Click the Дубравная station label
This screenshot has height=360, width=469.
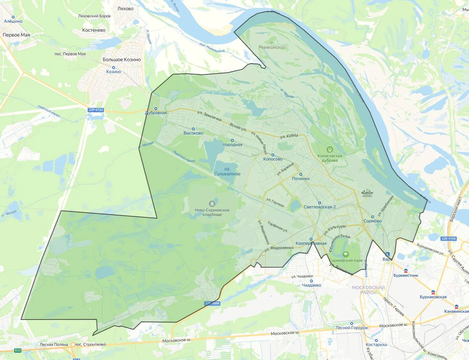[x=156, y=113]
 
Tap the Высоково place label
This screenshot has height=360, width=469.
[x=193, y=133]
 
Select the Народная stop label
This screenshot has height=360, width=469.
[x=232, y=144]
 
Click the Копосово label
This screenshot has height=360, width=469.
[x=273, y=159]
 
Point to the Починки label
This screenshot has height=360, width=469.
[x=301, y=178]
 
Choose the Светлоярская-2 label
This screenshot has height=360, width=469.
[x=320, y=207]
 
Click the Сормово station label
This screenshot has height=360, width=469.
[x=373, y=221]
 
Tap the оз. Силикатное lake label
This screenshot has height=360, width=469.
[x=227, y=172]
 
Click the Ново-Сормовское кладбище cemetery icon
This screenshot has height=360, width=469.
[x=212, y=203]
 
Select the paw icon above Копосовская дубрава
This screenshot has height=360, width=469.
[x=330, y=149]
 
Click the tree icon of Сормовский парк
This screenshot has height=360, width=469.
[x=346, y=254]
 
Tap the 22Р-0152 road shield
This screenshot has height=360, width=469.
[x=96, y=110]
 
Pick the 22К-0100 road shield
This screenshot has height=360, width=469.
[x=449, y=239]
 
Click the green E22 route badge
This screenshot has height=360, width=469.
[x=18, y=350]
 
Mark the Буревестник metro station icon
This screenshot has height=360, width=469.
[x=406, y=270]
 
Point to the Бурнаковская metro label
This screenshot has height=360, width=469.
[x=433, y=297]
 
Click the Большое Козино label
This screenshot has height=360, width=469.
[x=122, y=60]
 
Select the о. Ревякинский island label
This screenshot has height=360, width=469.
[x=272, y=45]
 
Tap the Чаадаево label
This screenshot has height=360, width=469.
[x=311, y=285]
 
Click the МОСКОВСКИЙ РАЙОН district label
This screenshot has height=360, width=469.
[x=368, y=290]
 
